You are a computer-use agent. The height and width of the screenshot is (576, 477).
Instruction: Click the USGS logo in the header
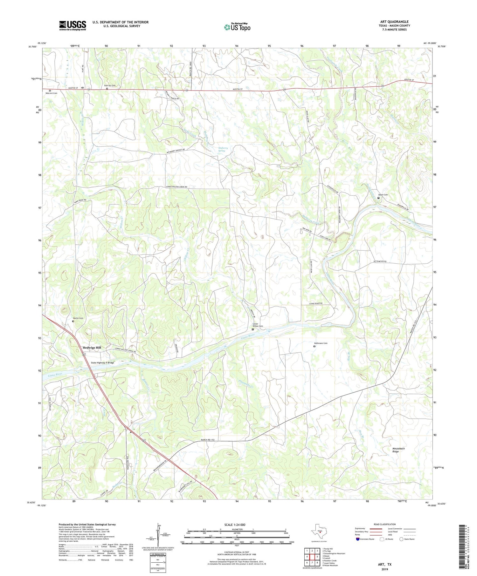click(x=73, y=25)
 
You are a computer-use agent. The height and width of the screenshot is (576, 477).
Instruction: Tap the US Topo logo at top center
click(x=237, y=27)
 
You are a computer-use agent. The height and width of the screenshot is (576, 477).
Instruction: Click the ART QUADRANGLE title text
click(x=394, y=22)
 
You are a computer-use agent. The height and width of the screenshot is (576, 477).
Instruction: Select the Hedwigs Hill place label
click(x=92, y=348)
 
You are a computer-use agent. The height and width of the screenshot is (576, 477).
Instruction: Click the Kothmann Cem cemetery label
click(x=321, y=343)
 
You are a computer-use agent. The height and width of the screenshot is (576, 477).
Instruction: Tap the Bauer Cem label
click(x=383, y=195)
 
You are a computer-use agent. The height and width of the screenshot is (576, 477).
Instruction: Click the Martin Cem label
click(x=78, y=318)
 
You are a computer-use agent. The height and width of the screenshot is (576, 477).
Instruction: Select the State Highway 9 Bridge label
click(x=102, y=363)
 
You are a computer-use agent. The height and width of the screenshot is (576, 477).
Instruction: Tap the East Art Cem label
click(x=110, y=85)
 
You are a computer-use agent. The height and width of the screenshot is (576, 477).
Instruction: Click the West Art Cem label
click(x=51, y=93)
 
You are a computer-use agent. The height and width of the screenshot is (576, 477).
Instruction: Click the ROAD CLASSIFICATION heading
click(x=384, y=524)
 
